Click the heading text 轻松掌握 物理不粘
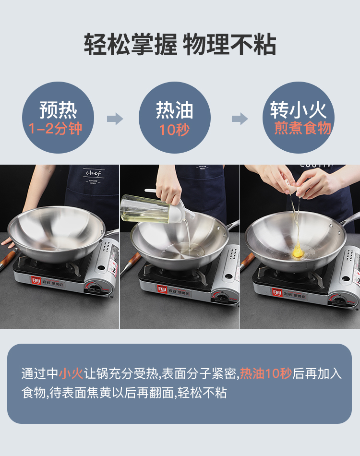pyautogui.click(x=180, y=44)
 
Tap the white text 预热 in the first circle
pyautogui.click(x=58, y=110)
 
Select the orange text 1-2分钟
pyautogui.click(x=55, y=129)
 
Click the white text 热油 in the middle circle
pyautogui.click(x=174, y=110)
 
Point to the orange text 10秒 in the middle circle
pyautogui.click(x=174, y=130)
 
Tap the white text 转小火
pyautogui.click(x=299, y=110)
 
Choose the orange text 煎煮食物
pyautogui.click(x=303, y=128)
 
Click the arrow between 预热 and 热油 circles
pyautogui.click(x=115, y=119)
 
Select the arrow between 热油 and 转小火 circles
pyautogui.click(x=240, y=119)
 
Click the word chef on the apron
pyautogui.click(x=93, y=173)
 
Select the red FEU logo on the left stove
pyautogui.click(x=36, y=281)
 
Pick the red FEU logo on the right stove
pyautogui.click(x=277, y=292)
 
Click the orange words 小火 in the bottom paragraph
pyautogui.click(x=71, y=373)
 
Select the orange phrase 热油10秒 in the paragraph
pyautogui.click(x=266, y=373)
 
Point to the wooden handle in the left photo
pyautogui.click(x=6, y=259)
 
